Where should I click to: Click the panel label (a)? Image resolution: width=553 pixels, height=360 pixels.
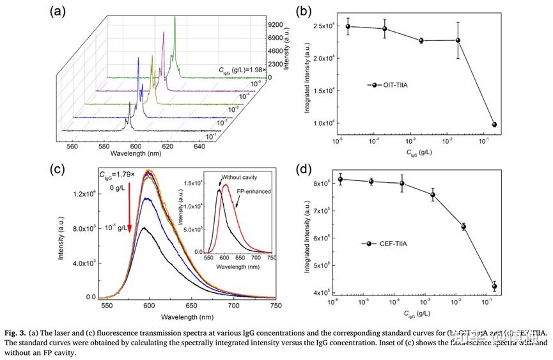click(59, 11)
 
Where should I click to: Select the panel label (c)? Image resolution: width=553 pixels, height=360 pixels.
click(59, 169)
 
